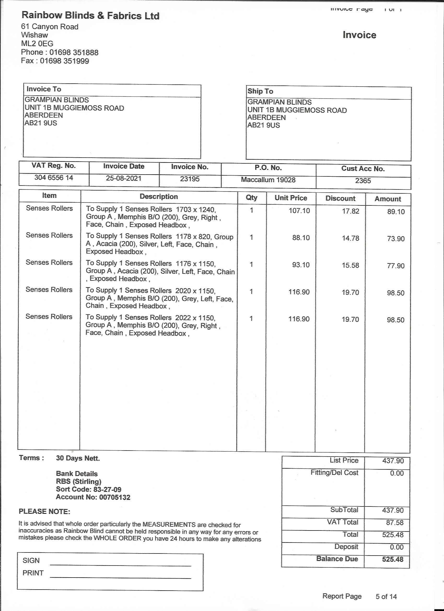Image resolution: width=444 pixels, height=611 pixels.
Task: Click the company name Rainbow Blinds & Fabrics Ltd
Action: point(90,16)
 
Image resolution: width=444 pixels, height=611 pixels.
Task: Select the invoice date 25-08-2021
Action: point(124,178)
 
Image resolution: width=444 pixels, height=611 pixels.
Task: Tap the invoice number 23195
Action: point(190,179)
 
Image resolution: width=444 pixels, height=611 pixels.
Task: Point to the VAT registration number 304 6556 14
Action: point(54,178)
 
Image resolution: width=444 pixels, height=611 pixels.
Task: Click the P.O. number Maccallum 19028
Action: point(268,180)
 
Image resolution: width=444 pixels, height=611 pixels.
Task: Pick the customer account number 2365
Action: point(363,181)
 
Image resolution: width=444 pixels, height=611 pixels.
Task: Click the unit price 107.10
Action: point(299,211)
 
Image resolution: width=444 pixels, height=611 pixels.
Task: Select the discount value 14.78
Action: point(350,238)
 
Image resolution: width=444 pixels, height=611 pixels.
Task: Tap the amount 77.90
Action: point(395,266)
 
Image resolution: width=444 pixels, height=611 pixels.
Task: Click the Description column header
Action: point(159,197)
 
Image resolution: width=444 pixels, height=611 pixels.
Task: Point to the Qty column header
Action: point(252,198)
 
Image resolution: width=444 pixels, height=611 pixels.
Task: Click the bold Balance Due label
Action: point(337,559)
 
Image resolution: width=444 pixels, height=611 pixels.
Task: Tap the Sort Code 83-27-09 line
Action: point(89,489)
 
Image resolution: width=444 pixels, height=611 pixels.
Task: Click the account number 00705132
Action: point(115,497)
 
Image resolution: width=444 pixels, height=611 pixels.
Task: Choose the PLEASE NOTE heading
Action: point(44,512)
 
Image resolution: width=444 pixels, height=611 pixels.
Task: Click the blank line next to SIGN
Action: point(120,565)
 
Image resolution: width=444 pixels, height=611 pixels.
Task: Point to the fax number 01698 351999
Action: point(64,61)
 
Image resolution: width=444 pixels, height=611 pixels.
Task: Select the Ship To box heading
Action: point(260,91)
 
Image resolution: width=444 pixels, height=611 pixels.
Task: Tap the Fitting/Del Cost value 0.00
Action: point(397,473)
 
